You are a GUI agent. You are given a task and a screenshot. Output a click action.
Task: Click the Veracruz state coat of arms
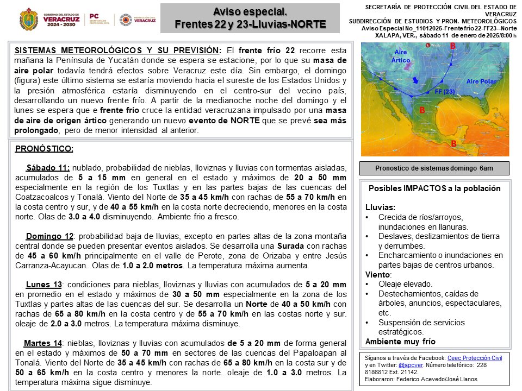28,20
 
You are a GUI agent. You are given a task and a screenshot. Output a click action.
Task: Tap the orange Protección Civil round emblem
125,20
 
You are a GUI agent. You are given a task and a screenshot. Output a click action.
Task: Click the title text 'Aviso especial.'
250,12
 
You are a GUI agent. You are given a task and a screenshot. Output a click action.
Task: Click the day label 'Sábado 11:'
48,168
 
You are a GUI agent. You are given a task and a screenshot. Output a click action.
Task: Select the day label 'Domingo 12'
49,236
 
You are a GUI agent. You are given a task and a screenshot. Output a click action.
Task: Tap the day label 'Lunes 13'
44,285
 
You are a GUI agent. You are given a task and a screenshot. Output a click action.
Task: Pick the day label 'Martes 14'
43,343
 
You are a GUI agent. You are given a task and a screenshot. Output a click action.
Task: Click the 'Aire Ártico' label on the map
400,56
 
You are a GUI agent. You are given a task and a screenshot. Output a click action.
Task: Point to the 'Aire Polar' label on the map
481,81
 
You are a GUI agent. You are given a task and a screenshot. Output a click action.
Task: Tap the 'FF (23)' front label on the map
445,92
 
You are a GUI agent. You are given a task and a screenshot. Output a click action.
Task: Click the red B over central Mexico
421,110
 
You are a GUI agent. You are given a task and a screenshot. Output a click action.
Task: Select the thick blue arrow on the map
415,80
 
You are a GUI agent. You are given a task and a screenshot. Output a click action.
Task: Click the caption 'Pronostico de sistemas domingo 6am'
434,168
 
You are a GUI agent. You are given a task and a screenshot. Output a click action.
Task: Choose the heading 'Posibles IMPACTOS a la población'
434,188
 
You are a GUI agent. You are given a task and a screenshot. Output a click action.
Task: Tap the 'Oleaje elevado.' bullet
406,284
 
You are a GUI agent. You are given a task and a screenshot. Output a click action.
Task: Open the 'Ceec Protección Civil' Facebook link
475,358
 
